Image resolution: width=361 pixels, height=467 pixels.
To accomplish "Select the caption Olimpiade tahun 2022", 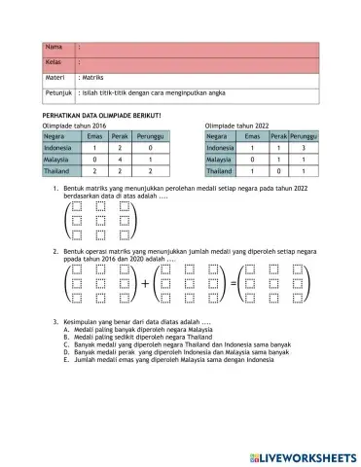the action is [237, 126].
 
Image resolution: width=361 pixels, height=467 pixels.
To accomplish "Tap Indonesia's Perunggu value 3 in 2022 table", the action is [303, 148].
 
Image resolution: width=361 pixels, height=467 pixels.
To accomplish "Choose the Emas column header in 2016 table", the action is [94, 137].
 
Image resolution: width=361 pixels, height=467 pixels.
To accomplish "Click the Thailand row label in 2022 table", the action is [220, 169].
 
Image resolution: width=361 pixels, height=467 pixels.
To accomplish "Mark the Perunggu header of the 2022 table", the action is [303, 137].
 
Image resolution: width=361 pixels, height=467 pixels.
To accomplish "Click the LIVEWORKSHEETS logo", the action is [299, 457].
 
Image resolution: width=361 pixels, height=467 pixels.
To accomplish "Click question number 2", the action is [55, 250].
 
